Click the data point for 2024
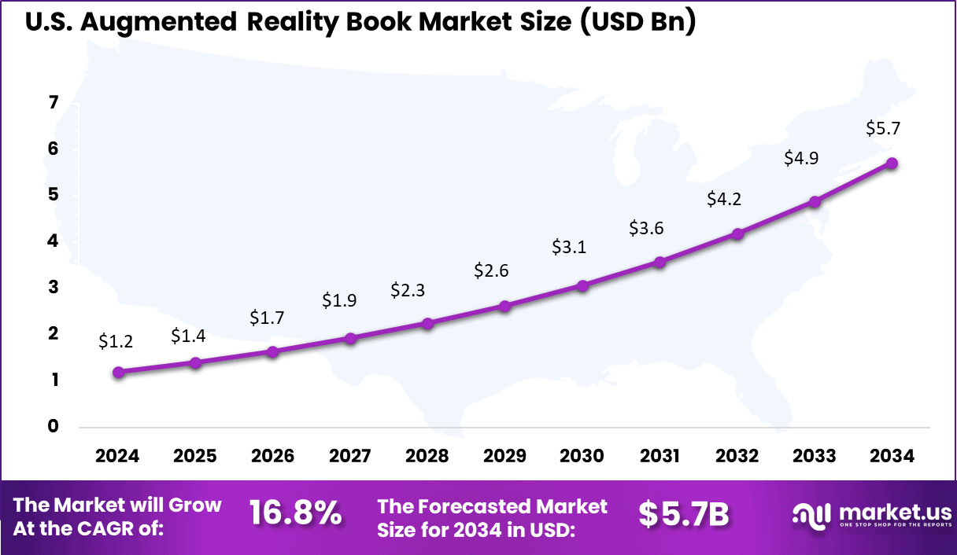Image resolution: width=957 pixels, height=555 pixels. pyautogui.click(x=118, y=372)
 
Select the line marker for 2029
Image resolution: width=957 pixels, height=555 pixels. pyautogui.click(x=505, y=306)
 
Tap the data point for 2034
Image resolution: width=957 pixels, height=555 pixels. pyautogui.click(x=892, y=163)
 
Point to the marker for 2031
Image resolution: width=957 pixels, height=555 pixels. pyautogui.click(x=660, y=262)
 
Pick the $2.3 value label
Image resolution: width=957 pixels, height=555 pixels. pyautogui.click(x=408, y=290)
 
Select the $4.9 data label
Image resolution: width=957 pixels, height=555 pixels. pyautogui.click(x=801, y=158)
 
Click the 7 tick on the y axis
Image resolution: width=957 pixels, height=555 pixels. pyautogui.click(x=54, y=102)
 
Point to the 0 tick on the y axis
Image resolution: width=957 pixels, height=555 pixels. pyautogui.click(x=54, y=426)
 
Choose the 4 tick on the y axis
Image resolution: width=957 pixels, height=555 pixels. pyautogui.click(x=54, y=241)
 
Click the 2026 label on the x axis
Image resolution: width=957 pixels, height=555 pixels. pyautogui.click(x=272, y=456)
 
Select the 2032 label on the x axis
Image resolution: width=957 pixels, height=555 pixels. pyautogui.click(x=737, y=456)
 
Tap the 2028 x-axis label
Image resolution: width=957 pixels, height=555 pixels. pyautogui.click(x=427, y=456)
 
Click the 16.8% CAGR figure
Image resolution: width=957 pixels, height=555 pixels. pyautogui.click(x=296, y=514)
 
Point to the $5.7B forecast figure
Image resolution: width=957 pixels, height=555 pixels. pyautogui.click(x=684, y=514)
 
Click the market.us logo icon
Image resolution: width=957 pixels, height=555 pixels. pyautogui.click(x=811, y=515)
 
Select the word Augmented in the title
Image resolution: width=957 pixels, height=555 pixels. pyautogui.click(x=158, y=22)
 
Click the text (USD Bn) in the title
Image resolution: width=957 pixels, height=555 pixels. pyautogui.click(x=639, y=22)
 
